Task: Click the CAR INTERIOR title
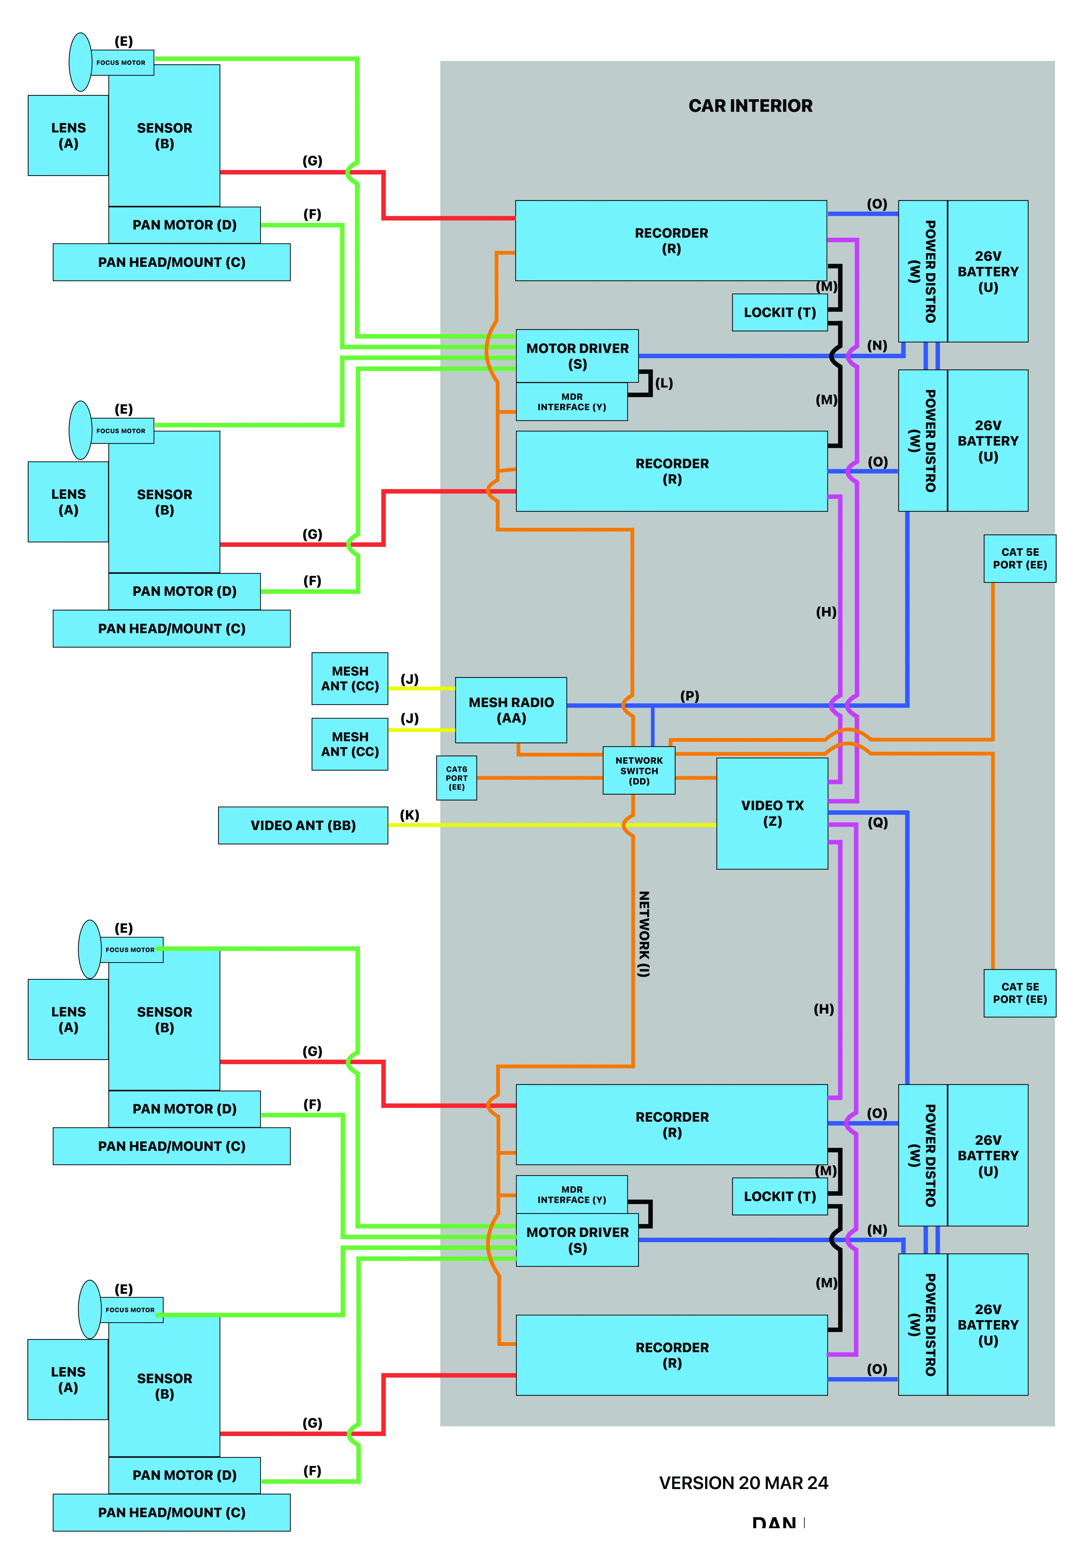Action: [750, 106]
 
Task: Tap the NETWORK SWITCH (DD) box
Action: [639, 771]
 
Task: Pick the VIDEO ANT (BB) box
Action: [303, 825]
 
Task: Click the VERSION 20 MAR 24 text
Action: [743, 1483]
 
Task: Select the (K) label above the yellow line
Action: [409, 815]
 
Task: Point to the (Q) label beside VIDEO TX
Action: [878, 822]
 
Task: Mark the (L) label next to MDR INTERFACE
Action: [664, 383]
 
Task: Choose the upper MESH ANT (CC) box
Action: [350, 678]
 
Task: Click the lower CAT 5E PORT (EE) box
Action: [1020, 993]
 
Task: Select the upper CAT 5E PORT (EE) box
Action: [1020, 558]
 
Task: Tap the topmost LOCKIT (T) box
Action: [779, 312]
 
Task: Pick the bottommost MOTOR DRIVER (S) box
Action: [577, 1240]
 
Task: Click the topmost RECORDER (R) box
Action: [671, 240]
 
